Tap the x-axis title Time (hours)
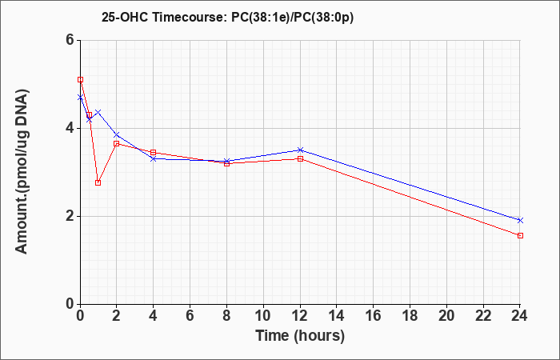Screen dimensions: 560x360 [x=300, y=336]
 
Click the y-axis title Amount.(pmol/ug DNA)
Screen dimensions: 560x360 [x=22, y=172]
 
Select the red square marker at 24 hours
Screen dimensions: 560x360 [x=520, y=235]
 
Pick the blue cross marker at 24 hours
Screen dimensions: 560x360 [x=520, y=220]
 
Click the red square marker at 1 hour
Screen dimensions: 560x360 [x=98, y=183]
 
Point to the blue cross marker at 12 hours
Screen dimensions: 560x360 [x=300, y=150]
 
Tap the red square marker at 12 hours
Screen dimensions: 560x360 [x=300, y=158]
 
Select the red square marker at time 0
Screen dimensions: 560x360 [x=80, y=80]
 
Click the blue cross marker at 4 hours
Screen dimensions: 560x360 [x=154, y=158]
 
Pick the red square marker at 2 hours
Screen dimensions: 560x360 [x=117, y=143]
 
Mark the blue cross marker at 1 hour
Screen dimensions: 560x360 [x=98, y=113]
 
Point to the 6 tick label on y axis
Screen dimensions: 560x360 [x=70, y=40]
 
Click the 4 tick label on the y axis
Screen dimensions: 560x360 [x=70, y=128]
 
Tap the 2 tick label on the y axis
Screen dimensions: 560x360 [x=70, y=216]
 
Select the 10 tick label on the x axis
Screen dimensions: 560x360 [x=263, y=316]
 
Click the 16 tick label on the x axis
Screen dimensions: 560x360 [x=374, y=316]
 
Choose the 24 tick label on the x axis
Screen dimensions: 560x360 [x=520, y=316]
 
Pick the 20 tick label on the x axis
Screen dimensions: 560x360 [x=446, y=316]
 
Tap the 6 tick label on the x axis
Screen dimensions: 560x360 [x=190, y=316]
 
